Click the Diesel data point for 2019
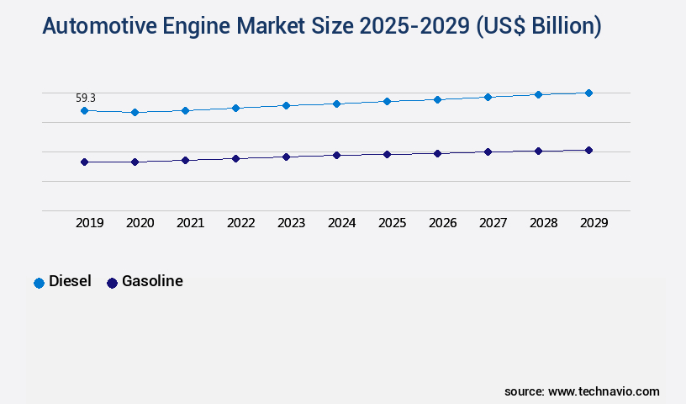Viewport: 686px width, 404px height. click(84, 110)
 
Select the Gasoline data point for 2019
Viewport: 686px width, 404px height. click(84, 162)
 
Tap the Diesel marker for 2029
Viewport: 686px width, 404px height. click(588, 93)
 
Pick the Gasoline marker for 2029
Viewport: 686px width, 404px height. click(588, 150)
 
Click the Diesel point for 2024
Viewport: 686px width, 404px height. click(336, 104)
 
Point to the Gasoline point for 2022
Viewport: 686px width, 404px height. click(235, 158)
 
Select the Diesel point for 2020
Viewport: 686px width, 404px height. click(135, 112)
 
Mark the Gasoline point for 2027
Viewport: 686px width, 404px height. click(488, 151)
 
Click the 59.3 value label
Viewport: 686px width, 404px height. click(86, 98)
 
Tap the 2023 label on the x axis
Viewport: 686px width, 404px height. click(291, 223)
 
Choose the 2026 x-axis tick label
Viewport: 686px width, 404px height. click(442, 223)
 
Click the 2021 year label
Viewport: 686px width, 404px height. click(190, 223)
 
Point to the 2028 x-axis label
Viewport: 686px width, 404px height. click(543, 223)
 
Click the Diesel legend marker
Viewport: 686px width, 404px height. click(39, 283)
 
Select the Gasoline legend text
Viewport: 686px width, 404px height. click(152, 282)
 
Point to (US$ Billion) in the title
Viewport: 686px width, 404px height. click(539, 27)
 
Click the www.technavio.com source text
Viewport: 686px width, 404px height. click(604, 391)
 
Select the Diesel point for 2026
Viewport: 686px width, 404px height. click(437, 99)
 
